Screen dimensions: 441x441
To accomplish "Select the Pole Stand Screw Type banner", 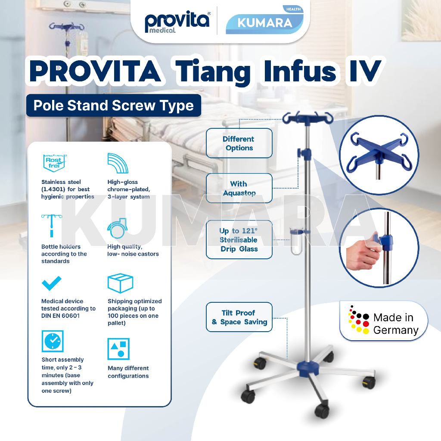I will point(113,106).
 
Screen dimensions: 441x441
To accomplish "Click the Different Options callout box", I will point(239,143).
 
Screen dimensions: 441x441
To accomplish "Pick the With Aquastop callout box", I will point(239,188).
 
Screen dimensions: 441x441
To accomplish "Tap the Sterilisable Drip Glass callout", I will point(239,240).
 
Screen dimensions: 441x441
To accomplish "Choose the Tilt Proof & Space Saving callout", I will point(239,317).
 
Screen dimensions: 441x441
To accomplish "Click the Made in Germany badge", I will point(383,321).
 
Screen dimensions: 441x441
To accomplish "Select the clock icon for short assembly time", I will point(53,341).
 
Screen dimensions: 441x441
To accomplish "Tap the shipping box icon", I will point(120,283).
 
